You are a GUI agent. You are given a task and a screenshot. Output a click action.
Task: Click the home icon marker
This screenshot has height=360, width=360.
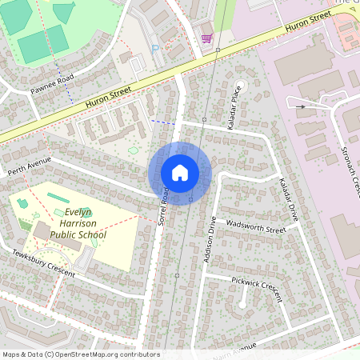pyautogui.click(x=180, y=173)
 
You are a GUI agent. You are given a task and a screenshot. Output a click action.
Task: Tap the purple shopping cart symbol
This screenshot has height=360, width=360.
pyautogui.click(x=206, y=38)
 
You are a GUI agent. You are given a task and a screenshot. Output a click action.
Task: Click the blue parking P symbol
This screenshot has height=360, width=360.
pyautogui.click(x=155, y=49)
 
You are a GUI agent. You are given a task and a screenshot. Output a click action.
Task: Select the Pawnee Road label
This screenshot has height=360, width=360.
pyautogui.click(x=53, y=84)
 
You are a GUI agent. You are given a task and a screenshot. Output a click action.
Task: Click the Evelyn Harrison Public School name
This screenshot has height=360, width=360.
pyautogui.click(x=78, y=224)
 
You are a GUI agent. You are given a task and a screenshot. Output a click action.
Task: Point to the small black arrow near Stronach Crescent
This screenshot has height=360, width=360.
pyautogui.click(x=300, y=106)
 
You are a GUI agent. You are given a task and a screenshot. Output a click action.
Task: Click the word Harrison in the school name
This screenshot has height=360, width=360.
pyautogui.click(x=83, y=224)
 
